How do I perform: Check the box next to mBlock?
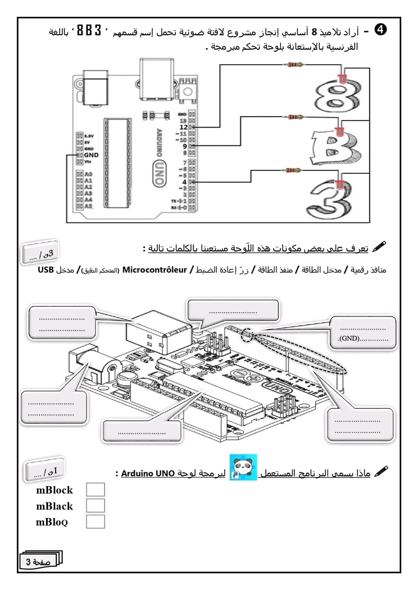(x=95, y=490)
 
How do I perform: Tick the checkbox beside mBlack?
(x=95, y=505)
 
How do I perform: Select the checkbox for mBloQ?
(x=95, y=521)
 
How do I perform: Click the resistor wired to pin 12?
(x=294, y=66)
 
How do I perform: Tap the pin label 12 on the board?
(x=183, y=126)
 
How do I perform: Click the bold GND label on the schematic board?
(x=91, y=155)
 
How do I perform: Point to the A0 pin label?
(x=88, y=174)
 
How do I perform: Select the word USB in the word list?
(x=46, y=269)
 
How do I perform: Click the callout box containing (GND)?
(x=363, y=332)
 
